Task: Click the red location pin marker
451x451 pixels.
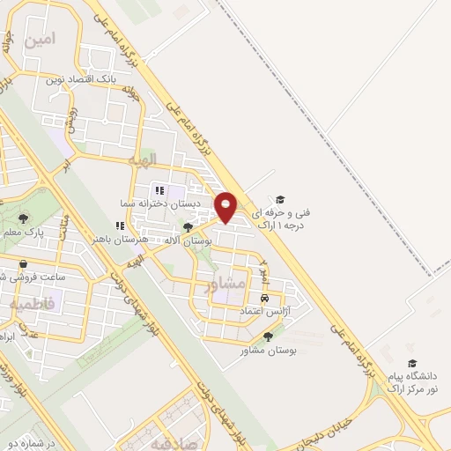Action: [226, 208]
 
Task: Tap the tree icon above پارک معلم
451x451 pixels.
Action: [23, 218]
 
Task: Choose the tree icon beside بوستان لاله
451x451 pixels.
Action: [188, 227]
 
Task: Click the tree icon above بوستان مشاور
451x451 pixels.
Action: [268, 336]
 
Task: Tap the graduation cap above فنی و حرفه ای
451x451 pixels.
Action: [280, 200]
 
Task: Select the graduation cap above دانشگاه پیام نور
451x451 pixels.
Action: [410, 363]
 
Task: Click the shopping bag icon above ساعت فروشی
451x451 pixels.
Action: [23, 263]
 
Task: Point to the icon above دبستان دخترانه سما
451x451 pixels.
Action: [159, 189]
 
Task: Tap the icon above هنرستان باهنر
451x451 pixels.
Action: [120, 225]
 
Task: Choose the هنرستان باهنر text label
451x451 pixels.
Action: [122, 240]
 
